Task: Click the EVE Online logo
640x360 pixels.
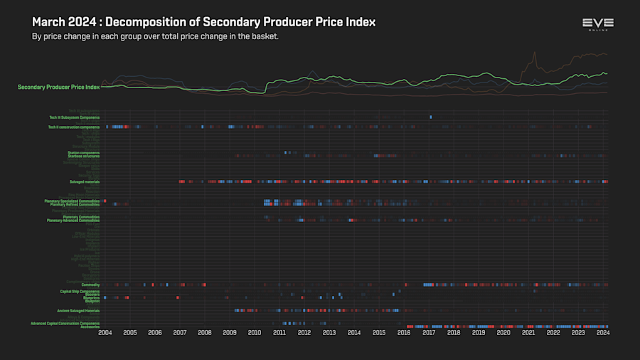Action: point(597,23)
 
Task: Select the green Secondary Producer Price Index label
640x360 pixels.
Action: point(58,87)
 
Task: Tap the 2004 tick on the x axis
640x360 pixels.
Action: point(105,332)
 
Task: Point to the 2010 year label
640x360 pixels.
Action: point(255,332)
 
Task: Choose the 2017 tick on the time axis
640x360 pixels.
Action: point(429,332)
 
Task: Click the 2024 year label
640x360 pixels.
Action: point(603,332)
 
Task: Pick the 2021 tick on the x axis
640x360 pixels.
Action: point(528,332)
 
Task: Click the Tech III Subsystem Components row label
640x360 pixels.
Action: point(74,117)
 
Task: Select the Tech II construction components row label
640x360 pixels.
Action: point(74,127)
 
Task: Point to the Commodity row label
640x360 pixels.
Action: point(90,285)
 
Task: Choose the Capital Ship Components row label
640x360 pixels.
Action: point(80,291)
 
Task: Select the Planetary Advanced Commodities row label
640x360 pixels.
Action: point(73,221)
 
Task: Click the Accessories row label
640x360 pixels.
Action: point(90,327)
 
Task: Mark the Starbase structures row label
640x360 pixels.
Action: point(83,156)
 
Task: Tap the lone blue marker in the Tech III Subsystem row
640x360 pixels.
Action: point(430,117)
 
